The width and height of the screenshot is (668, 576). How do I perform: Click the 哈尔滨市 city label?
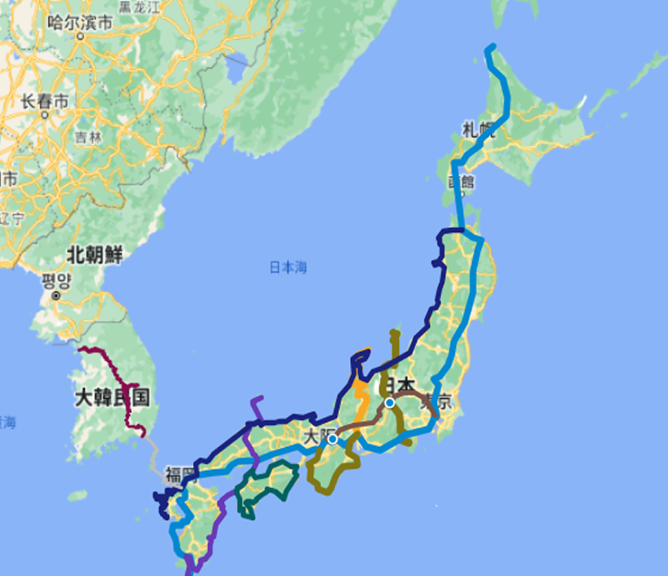click(x=80, y=22)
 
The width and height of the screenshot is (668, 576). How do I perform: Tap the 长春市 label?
click(x=45, y=102)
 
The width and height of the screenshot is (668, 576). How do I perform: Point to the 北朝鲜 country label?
click(x=94, y=254)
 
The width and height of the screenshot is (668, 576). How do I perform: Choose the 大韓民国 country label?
click(x=112, y=397)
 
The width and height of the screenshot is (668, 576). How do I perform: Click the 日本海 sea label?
click(x=288, y=267)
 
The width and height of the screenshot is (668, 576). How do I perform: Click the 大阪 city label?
click(x=315, y=436)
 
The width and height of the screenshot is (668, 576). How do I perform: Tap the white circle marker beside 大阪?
click(x=333, y=438)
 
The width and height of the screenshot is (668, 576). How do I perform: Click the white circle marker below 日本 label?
click(x=389, y=402)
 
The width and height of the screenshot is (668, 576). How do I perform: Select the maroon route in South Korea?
click(x=115, y=374)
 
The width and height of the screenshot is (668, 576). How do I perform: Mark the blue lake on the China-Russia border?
click(x=236, y=71)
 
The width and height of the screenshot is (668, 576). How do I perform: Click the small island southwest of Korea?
click(x=77, y=496)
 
